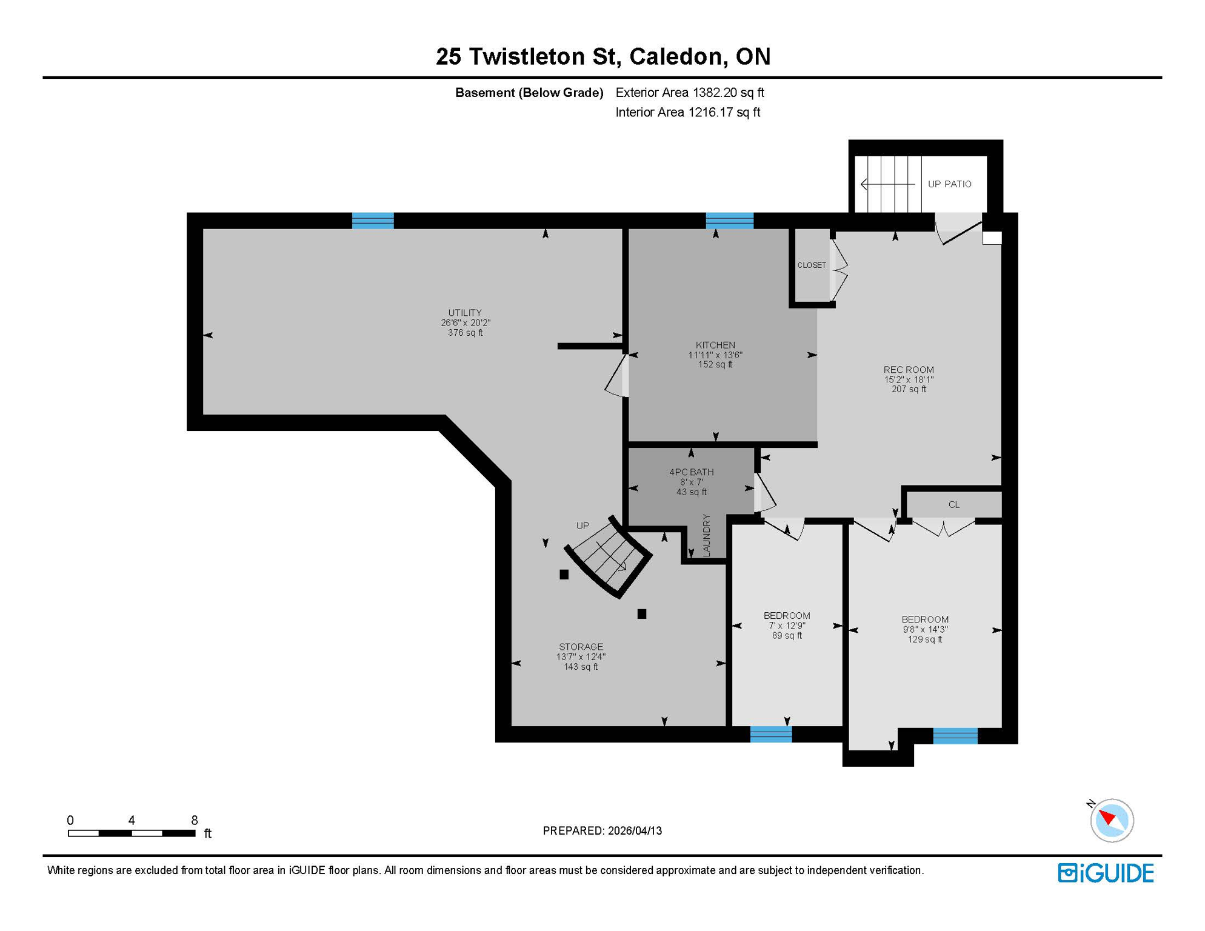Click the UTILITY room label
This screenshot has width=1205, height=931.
pyautogui.click(x=465, y=313)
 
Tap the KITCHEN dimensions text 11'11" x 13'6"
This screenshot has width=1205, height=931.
pyautogui.click(x=715, y=355)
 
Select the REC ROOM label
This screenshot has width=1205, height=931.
pyautogui.click(x=908, y=370)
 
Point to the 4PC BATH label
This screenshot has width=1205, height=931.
pyautogui.click(x=691, y=472)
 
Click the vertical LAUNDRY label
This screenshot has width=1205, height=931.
pyautogui.click(x=706, y=535)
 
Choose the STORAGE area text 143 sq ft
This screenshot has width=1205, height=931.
pyautogui.click(x=580, y=667)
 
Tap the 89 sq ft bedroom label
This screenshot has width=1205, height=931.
pyautogui.click(x=786, y=635)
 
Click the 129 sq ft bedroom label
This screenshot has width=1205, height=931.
pyautogui.click(x=924, y=639)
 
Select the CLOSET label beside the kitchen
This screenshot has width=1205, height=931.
pyautogui.click(x=811, y=265)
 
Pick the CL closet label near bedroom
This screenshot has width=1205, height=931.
pyautogui.click(x=953, y=504)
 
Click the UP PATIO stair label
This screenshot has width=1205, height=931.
pyautogui.click(x=949, y=184)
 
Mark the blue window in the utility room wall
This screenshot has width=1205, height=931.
pyautogui.click(x=373, y=221)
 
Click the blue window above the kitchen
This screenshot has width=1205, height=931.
pyautogui.click(x=729, y=221)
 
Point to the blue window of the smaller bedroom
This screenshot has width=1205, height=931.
pyautogui.click(x=770, y=735)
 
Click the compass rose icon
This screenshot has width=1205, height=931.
pyautogui.click(x=1111, y=820)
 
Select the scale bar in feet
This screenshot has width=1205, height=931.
pyautogui.click(x=132, y=833)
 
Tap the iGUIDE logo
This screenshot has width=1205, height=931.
pyautogui.click(x=1105, y=873)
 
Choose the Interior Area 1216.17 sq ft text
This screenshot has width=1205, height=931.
pyautogui.click(x=687, y=112)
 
